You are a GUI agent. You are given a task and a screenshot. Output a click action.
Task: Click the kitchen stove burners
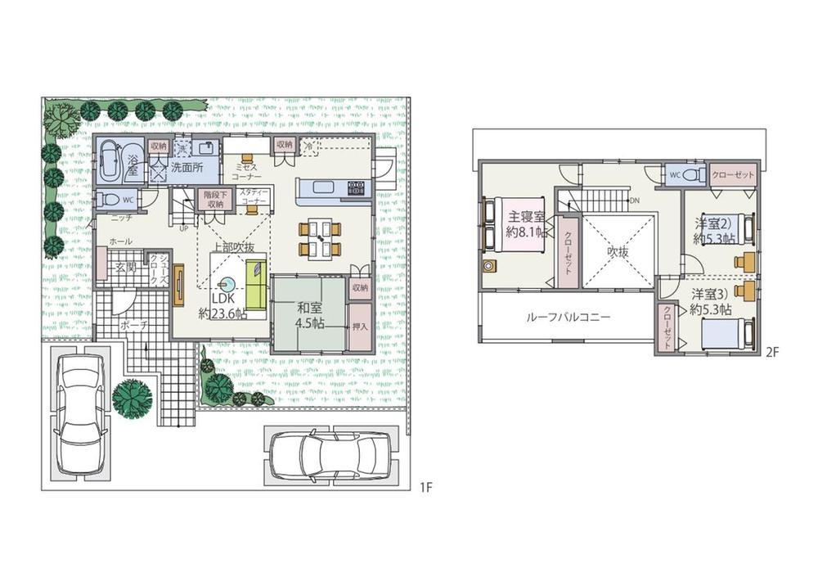click(x=356, y=189)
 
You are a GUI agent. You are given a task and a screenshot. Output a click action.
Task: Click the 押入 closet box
click(x=358, y=325)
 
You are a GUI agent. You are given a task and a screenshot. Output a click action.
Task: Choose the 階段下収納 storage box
click(x=214, y=198)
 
